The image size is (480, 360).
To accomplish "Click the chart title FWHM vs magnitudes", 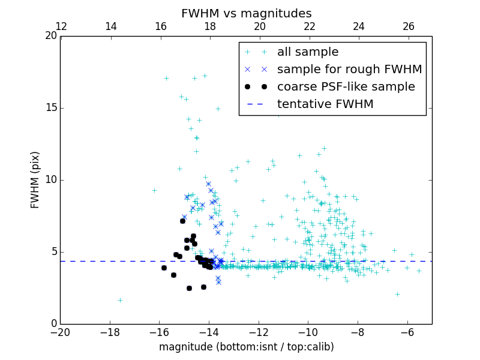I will click(246, 13).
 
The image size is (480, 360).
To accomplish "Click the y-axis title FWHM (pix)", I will click(35, 179).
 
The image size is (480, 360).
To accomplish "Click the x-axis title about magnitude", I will click(246, 347).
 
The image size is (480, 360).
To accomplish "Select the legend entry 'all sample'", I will click(308, 52).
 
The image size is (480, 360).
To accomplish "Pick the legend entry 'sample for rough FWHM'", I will click(349, 69).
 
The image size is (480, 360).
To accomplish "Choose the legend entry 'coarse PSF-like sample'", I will click(346, 86).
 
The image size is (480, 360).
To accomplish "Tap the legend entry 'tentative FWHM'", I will click(325, 104).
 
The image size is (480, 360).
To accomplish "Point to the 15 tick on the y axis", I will click(61, 108).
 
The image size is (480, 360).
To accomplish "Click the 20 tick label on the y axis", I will click(51, 36).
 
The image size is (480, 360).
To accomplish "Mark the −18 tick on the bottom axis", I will click(110, 324).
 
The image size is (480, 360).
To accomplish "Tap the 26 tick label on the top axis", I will click(409, 26).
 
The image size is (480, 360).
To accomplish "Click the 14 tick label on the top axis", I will click(111, 26).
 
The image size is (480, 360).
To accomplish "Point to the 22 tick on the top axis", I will click(310, 36).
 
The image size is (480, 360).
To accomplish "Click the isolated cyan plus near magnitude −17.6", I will click(120, 300).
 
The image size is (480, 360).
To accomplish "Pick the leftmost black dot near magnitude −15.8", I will click(164, 268).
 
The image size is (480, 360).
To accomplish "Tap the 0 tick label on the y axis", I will click(53, 324).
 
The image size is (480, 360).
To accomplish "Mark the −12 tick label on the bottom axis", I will click(258, 332).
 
